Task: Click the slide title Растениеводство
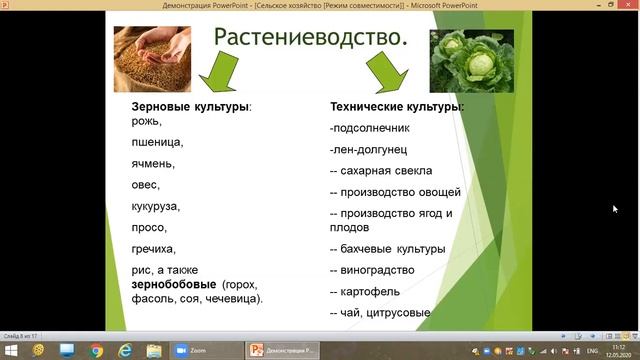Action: tap(311, 40)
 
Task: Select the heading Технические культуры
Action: tap(397, 106)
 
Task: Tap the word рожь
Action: tap(146, 121)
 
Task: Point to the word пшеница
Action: tap(157, 142)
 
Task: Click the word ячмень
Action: tap(153, 163)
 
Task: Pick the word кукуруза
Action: tap(155, 206)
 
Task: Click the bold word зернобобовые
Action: tap(174, 284)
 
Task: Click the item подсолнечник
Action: tap(370, 128)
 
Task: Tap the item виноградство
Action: tap(376, 271)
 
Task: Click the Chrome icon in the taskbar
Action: tap(96, 350)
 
